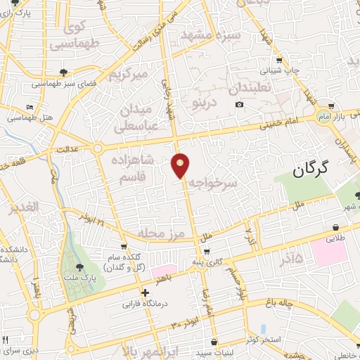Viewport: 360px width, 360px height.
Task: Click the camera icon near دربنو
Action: (240, 105)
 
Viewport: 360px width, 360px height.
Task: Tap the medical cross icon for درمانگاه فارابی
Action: (145, 292)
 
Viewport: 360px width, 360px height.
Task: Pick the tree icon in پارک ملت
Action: (79, 266)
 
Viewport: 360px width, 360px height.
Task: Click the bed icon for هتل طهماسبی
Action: (29, 107)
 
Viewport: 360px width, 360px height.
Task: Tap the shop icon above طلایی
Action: (337, 227)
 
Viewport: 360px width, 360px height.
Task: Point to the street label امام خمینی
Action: (278, 124)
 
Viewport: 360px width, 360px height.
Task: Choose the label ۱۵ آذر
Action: (289, 259)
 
